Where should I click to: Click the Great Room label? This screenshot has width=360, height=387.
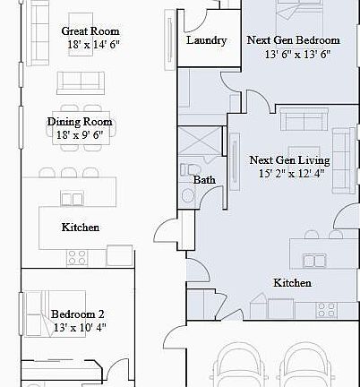click(x=90, y=30)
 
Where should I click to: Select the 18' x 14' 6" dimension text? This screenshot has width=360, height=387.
click(x=90, y=43)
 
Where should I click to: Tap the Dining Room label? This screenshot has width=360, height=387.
click(x=80, y=123)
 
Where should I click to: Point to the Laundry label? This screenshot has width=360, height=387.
click(x=206, y=40)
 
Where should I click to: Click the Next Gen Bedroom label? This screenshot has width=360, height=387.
click(x=293, y=40)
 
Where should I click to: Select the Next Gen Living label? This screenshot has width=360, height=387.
click(x=289, y=160)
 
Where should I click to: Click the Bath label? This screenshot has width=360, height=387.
click(x=204, y=179)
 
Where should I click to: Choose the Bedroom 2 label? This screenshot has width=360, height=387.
click(x=78, y=314)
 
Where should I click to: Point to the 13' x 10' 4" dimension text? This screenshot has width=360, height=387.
click(x=78, y=327)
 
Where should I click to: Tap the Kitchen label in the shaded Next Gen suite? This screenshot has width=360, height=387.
click(x=292, y=283)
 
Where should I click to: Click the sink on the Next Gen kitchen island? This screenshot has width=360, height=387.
click(x=314, y=261)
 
